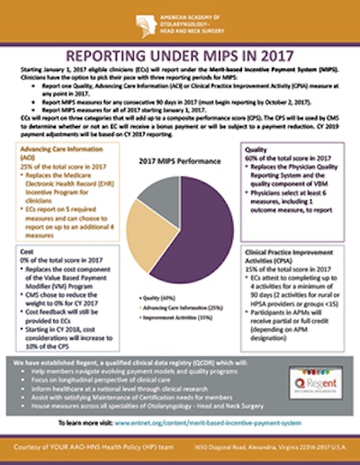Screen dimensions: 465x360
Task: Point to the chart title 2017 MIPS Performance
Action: coord(180,158)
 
